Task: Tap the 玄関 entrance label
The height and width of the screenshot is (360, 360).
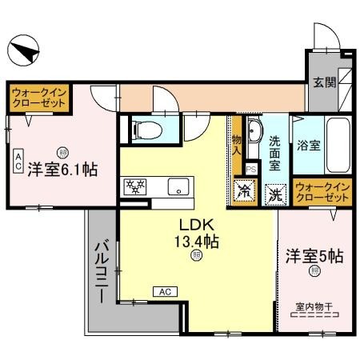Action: (x=324, y=82)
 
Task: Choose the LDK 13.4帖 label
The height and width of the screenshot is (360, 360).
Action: (x=198, y=233)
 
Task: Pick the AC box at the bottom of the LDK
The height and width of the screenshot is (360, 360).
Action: (x=164, y=291)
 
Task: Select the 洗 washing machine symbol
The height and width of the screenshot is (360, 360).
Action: (x=274, y=193)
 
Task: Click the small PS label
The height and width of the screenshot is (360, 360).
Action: (x=251, y=170)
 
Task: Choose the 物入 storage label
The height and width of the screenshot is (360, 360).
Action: (x=237, y=146)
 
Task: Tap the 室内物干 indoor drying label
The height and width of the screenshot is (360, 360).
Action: (x=313, y=306)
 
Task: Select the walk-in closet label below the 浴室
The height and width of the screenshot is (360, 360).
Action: (x=323, y=191)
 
